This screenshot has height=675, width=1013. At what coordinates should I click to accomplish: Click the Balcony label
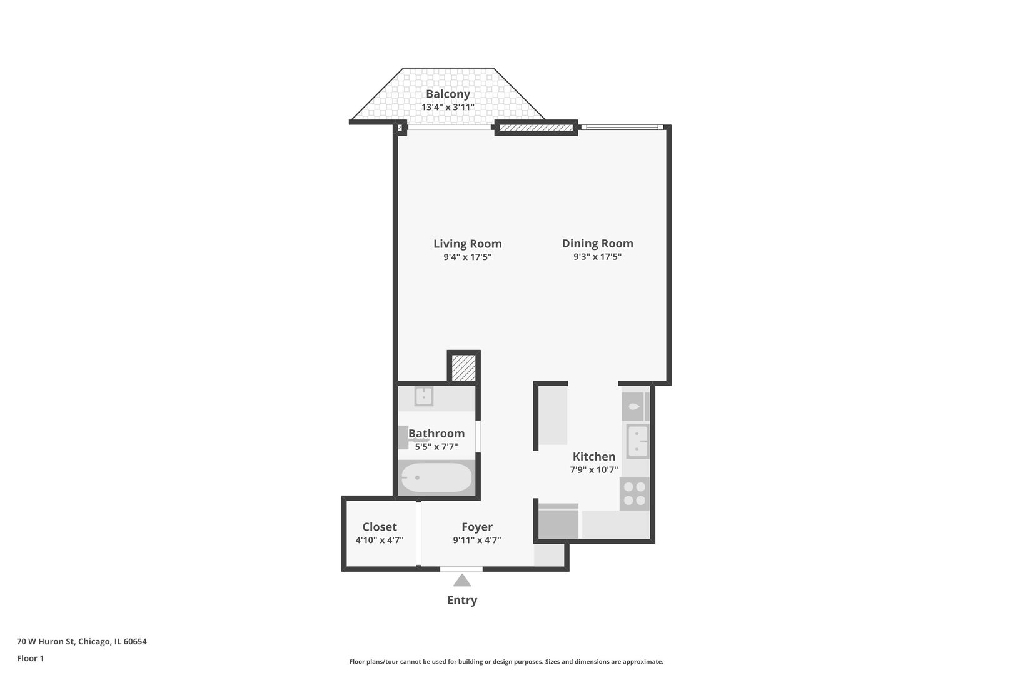[x=448, y=94]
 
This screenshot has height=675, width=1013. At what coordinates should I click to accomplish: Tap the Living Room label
[x=467, y=244]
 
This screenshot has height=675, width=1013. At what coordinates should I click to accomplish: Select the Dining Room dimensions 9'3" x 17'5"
[x=597, y=257]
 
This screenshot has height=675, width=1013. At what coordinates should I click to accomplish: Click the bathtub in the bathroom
[x=436, y=478]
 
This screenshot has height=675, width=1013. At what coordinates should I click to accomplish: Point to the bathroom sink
[x=424, y=396]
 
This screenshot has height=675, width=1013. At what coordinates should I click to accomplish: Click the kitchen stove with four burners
[x=635, y=494]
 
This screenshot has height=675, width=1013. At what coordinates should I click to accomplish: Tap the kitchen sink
[x=638, y=441]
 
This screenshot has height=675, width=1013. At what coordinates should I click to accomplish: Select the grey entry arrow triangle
[x=462, y=581]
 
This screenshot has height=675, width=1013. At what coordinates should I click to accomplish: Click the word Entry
[x=462, y=601]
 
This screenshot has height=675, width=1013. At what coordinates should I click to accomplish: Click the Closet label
[x=380, y=527]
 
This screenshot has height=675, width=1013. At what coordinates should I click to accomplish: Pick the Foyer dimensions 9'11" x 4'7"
[x=477, y=541]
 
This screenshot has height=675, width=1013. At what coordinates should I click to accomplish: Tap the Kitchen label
[x=594, y=456]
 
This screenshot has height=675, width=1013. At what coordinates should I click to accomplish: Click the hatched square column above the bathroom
[x=464, y=367]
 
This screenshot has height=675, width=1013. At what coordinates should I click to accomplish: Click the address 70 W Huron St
[x=82, y=641]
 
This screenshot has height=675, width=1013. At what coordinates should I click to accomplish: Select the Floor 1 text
[x=30, y=658]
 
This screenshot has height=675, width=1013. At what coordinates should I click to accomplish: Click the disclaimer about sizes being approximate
[x=506, y=661]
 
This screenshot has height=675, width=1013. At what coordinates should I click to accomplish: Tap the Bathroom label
[x=436, y=433]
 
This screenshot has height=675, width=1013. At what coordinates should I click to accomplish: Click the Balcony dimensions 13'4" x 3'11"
[x=448, y=107]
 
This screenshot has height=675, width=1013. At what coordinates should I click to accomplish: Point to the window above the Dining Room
[x=620, y=127]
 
